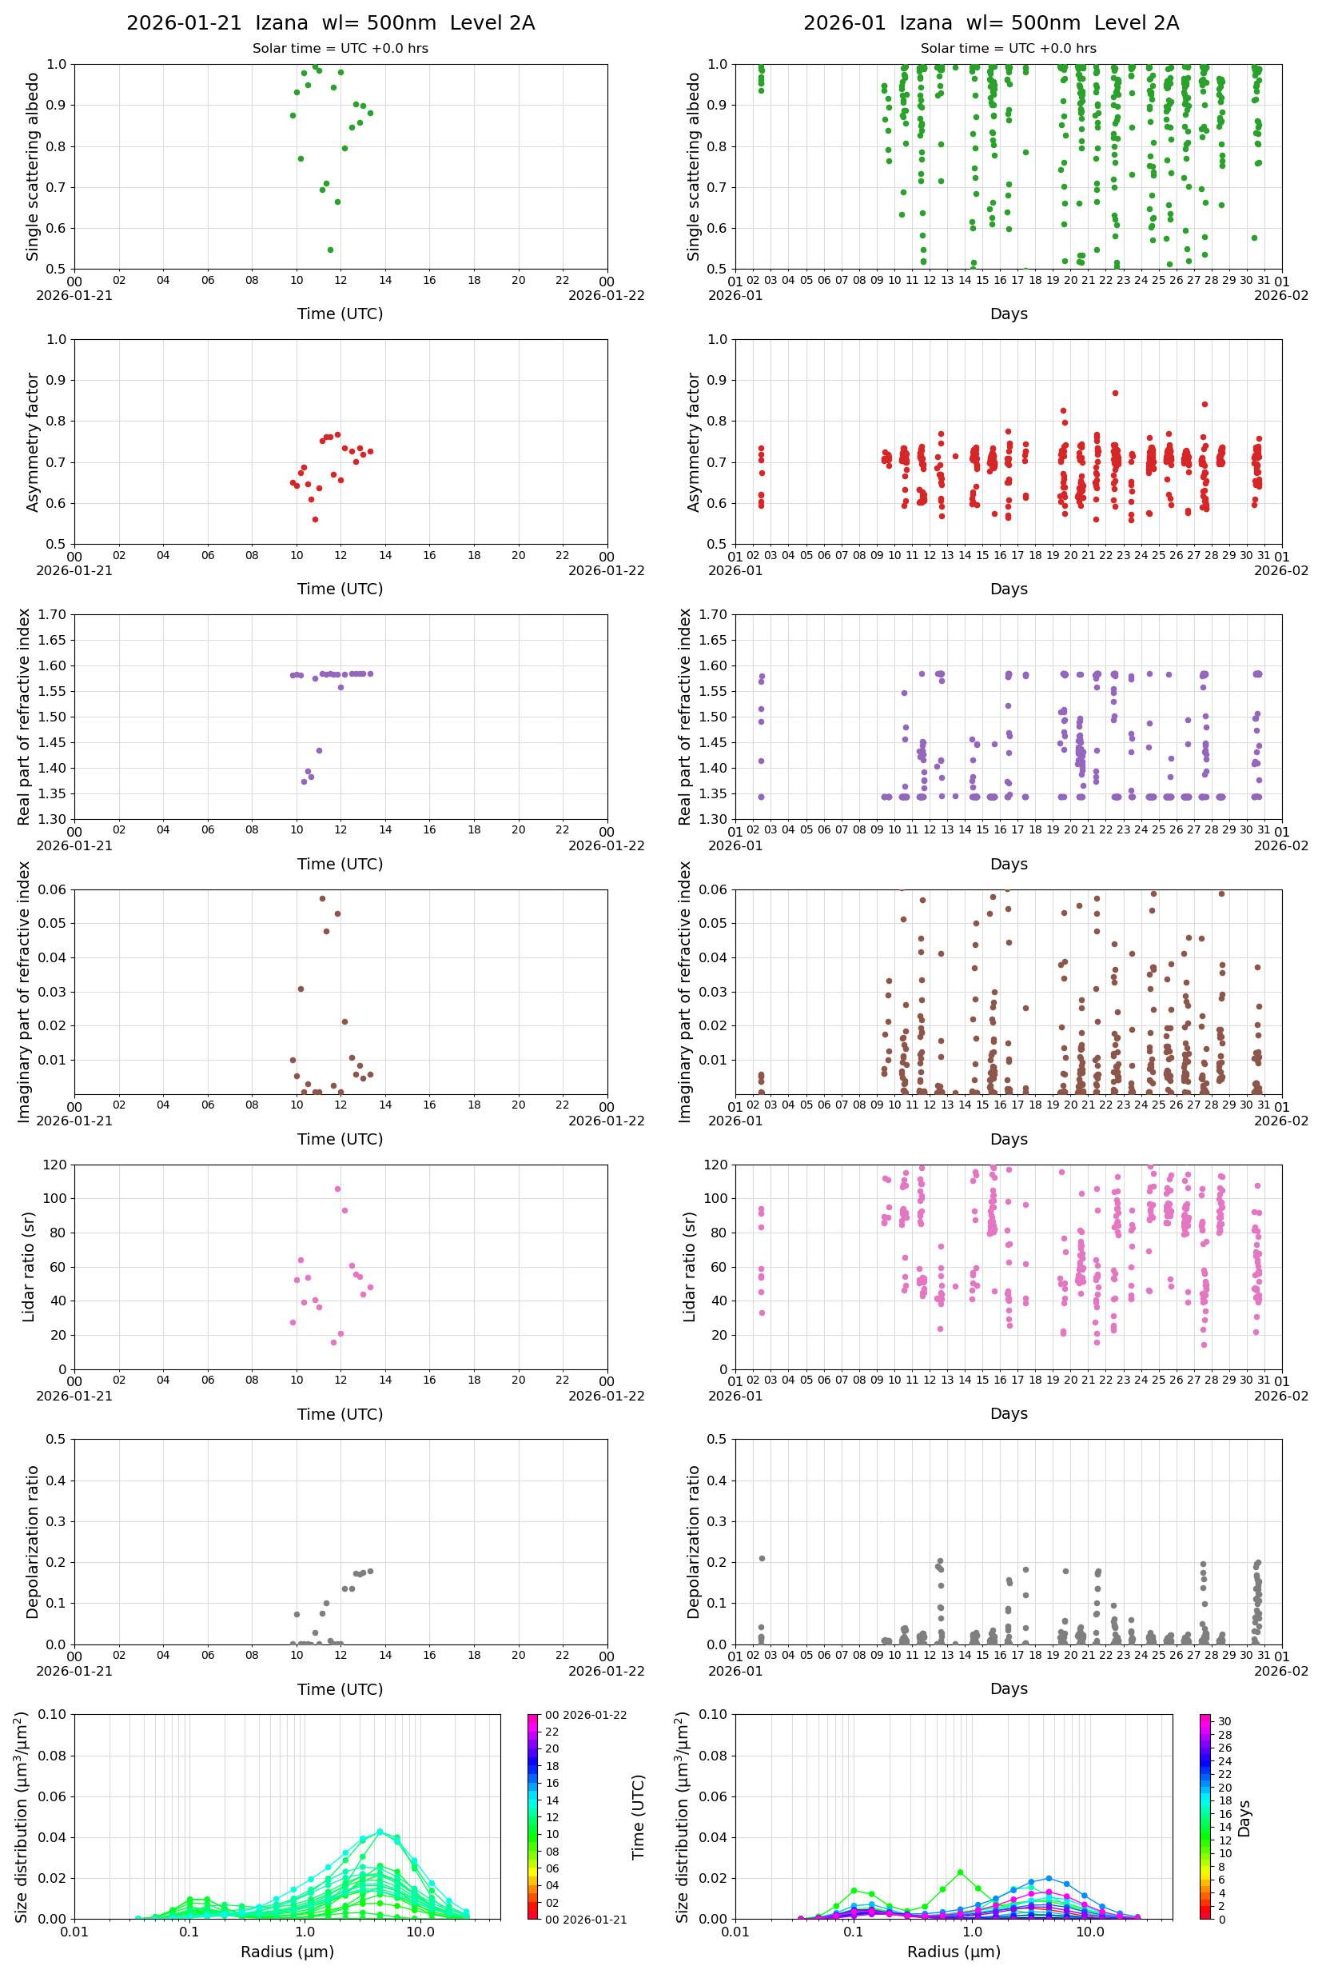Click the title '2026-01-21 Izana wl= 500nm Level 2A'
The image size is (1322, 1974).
[x=331, y=22]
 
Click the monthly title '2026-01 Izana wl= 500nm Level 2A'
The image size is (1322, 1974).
[x=990, y=22]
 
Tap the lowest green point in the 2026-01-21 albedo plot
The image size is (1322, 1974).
[x=329, y=250]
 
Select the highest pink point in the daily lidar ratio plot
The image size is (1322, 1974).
[x=337, y=1189]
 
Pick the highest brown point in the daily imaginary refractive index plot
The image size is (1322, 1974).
[x=322, y=898]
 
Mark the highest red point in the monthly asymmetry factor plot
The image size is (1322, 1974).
[x=1115, y=393]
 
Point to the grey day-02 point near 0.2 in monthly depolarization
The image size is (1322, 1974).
[x=762, y=1558]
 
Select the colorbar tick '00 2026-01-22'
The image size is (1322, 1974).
[x=585, y=1715]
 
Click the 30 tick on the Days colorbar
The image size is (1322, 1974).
[x=1224, y=1721]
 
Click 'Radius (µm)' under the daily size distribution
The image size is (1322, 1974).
[x=288, y=1952]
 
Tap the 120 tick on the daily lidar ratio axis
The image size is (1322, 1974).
[x=55, y=1165]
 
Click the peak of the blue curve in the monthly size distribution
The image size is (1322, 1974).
[x=1049, y=1878]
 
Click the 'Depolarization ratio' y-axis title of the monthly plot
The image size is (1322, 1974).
[x=694, y=1541]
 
